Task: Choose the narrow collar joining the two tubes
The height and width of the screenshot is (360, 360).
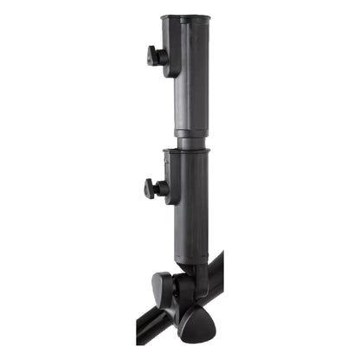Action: (x=190, y=138)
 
